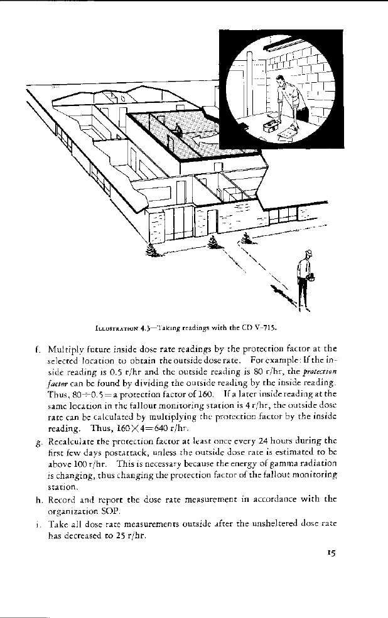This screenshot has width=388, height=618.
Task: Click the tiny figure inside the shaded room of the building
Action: (x=178, y=131)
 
